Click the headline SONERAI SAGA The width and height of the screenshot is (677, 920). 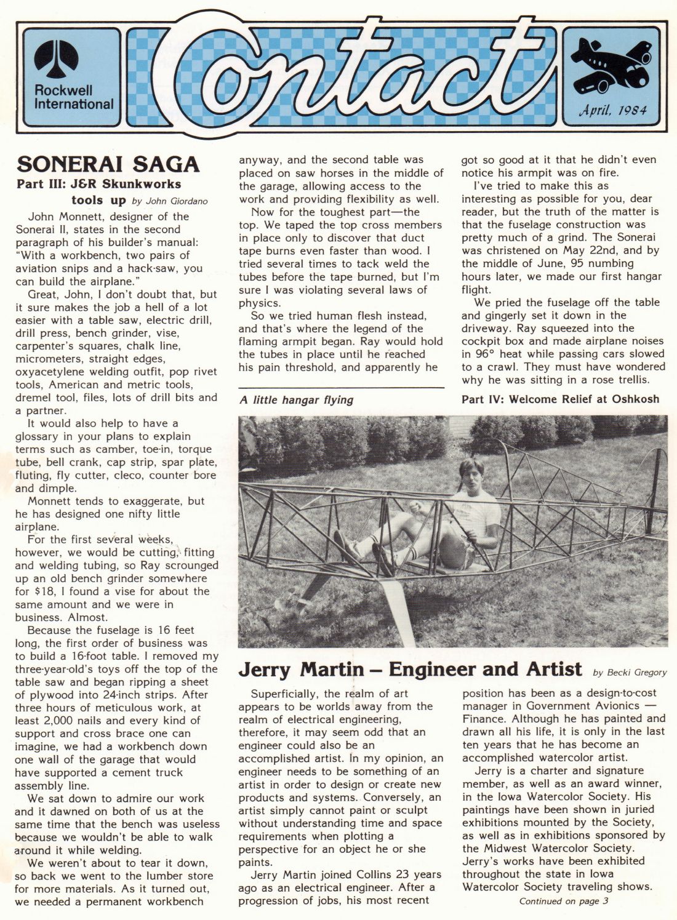pos(108,164)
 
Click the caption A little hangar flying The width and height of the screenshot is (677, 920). pos(296,400)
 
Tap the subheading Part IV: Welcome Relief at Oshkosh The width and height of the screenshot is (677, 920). pos(560,399)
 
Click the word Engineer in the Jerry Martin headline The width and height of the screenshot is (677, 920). pos(438,669)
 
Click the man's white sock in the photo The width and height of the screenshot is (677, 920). pos(367,545)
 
